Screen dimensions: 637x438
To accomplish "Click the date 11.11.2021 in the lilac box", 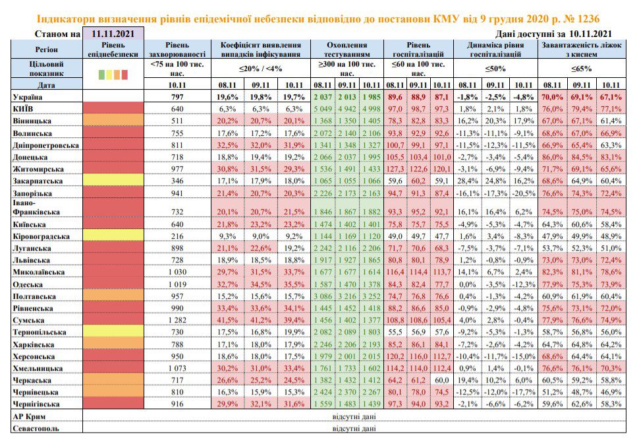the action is tap(113, 34).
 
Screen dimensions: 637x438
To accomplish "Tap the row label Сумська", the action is tap(28, 321).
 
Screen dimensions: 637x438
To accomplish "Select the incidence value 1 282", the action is tap(177, 321).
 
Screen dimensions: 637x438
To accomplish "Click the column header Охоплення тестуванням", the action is tap(346, 49).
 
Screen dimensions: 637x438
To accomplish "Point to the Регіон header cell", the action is tap(46, 49).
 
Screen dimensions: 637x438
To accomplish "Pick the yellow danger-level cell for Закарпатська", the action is tap(113, 180).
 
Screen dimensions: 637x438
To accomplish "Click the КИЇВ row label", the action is tap(23, 109).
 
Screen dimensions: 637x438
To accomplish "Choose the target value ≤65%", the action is tap(581, 69).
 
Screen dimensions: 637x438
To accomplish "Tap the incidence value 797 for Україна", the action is tap(177, 97).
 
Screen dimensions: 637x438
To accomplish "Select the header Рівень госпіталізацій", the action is tap(418, 49).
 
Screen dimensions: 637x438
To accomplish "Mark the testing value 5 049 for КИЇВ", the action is tap(323, 109).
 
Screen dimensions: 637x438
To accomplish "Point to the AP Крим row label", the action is tap(29, 416).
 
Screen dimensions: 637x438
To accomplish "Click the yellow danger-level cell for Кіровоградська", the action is tap(113, 236).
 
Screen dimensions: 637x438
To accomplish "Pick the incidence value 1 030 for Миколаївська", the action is tap(177, 272).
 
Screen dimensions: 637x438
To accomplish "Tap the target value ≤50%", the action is tap(495, 69).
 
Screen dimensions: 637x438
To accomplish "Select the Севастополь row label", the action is tap(36, 429).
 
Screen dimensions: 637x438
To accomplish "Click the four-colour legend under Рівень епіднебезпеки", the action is tap(113, 75).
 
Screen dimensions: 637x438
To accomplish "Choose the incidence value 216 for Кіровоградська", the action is tap(177, 236).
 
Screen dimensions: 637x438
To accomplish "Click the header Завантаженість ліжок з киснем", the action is tap(582, 49).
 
